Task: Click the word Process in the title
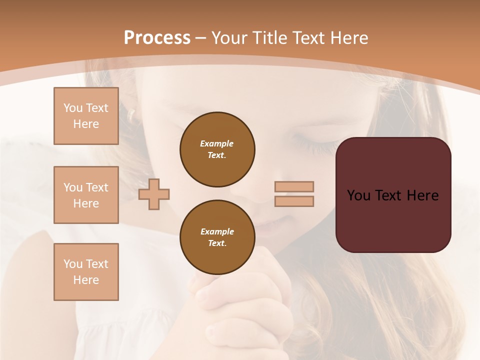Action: point(157,38)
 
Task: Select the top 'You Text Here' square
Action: point(86,116)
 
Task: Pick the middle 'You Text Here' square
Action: point(86,195)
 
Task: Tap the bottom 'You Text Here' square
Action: point(86,272)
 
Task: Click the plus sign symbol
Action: point(154,194)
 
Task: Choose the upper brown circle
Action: point(217,149)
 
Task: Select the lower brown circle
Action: point(217,237)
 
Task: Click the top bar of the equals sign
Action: point(294,186)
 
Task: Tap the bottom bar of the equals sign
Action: point(294,201)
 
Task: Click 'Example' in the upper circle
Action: point(217,143)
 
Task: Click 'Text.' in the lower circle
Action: point(217,243)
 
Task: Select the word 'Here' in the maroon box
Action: point(422,195)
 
